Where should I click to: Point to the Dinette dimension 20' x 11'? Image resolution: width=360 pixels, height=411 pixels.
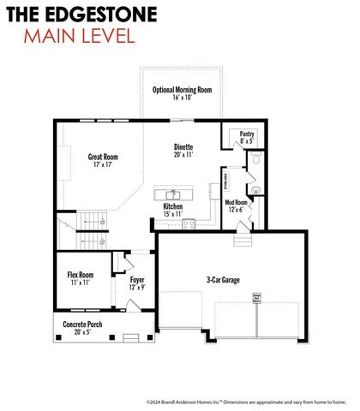[x=183, y=155]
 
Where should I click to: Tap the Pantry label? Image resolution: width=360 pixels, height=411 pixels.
[x=247, y=134]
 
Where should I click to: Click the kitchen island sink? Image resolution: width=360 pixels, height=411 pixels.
[x=173, y=194]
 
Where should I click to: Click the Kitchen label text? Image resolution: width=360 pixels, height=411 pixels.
[x=173, y=206]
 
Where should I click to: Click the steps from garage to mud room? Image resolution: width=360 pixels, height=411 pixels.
[x=241, y=241]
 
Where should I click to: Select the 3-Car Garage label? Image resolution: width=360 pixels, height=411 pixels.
[x=223, y=279]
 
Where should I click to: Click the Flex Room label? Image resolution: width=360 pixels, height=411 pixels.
[x=80, y=275]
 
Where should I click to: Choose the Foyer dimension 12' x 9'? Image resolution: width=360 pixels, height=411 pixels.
[x=136, y=288]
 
